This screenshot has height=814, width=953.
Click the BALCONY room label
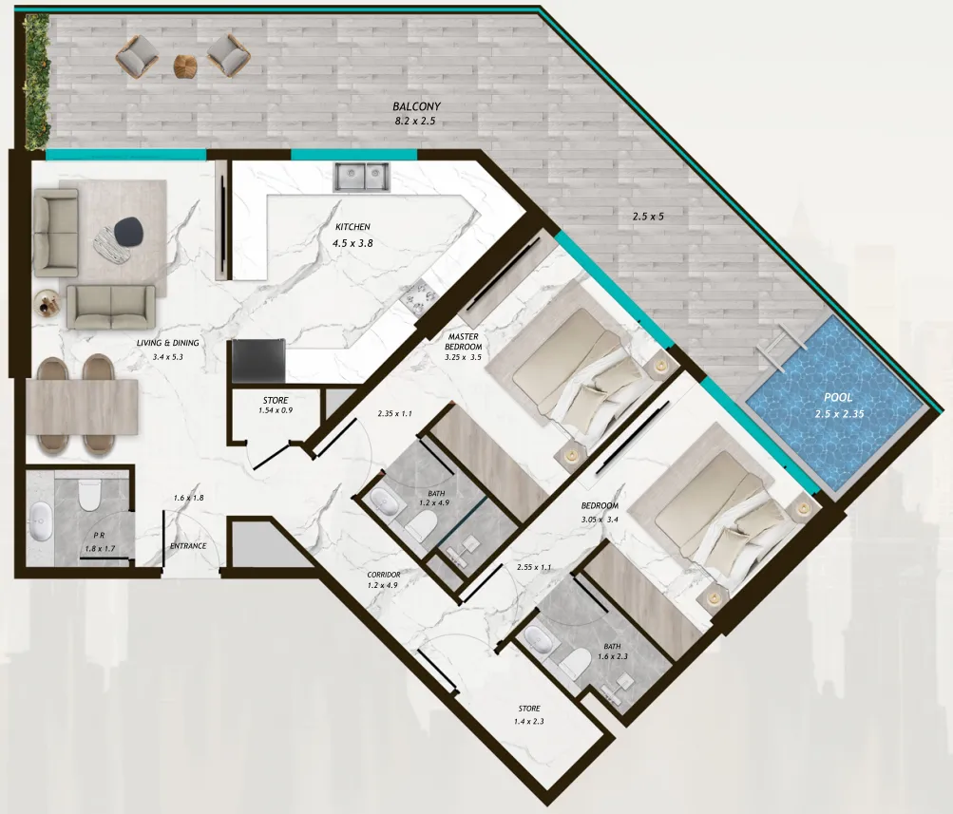(416, 107)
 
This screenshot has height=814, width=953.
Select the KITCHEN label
(352, 227)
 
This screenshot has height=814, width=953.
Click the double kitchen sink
(361, 175)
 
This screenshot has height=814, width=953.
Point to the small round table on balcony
(185, 64)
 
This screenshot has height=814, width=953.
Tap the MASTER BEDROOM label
(463, 342)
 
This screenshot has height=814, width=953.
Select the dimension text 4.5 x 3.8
(352, 244)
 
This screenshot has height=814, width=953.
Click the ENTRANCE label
(188, 546)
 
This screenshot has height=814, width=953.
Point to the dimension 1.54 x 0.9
(275, 412)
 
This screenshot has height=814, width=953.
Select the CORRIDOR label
(383, 575)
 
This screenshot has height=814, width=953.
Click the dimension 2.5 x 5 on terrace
(648, 217)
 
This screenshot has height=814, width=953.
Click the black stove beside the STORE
(257, 361)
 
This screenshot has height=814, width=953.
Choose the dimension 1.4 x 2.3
(529, 722)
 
